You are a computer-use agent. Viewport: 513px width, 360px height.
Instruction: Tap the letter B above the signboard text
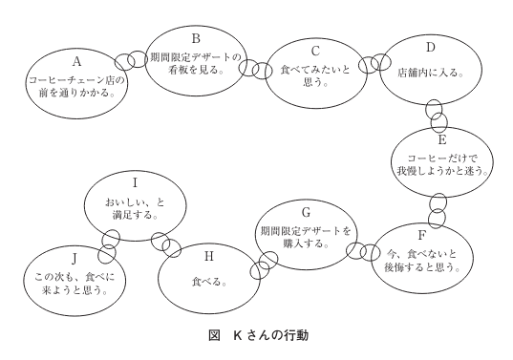[195, 39]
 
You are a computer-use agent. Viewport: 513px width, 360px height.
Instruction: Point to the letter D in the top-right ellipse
[430, 47]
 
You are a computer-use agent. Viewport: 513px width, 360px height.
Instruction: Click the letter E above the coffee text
[442, 137]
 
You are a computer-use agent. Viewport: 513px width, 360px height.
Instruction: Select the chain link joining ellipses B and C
[254, 68]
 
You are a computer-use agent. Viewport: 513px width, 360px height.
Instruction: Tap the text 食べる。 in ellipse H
[204, 285]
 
